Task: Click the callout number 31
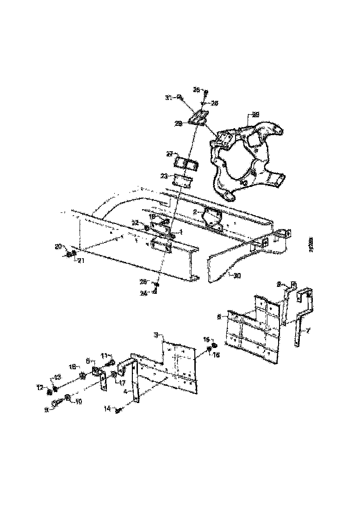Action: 168,98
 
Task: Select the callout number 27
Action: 170,154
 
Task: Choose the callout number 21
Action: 80,261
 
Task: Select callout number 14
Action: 108,409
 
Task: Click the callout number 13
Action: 57,378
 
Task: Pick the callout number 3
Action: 156,334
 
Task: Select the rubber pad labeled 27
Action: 186,164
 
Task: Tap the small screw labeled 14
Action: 119,409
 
